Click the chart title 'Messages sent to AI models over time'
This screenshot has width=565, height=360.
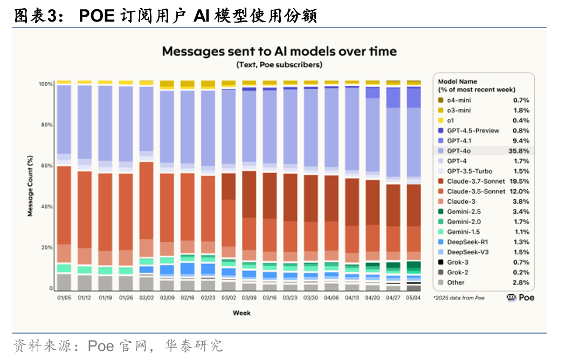click(x=279, y=52)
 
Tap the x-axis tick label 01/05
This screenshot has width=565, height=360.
click(x=64, y=297)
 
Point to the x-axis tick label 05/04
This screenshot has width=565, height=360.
click(x=414, y=297)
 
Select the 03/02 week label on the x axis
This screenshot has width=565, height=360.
click(x=229, y=297)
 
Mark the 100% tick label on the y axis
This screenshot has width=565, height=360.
click(x=45, y=84)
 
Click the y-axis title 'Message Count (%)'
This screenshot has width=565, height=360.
click(x=31, y=186)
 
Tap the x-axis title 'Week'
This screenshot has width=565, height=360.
click(x=241, y=313)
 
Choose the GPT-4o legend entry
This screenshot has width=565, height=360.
click(x=458, y=151)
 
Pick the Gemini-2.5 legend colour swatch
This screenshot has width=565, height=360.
click(x=440, y=212)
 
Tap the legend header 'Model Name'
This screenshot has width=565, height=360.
click(x=457, y=81)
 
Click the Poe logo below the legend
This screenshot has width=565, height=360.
click(x=520, y=297)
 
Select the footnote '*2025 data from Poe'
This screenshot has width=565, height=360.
click(x=458, y=297)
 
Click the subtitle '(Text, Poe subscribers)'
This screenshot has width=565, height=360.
click(x=279, y=65)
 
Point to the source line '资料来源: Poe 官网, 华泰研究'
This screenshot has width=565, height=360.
click(x=118, y=345)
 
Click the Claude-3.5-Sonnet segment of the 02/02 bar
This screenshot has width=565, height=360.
click(x=146, y=200)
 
